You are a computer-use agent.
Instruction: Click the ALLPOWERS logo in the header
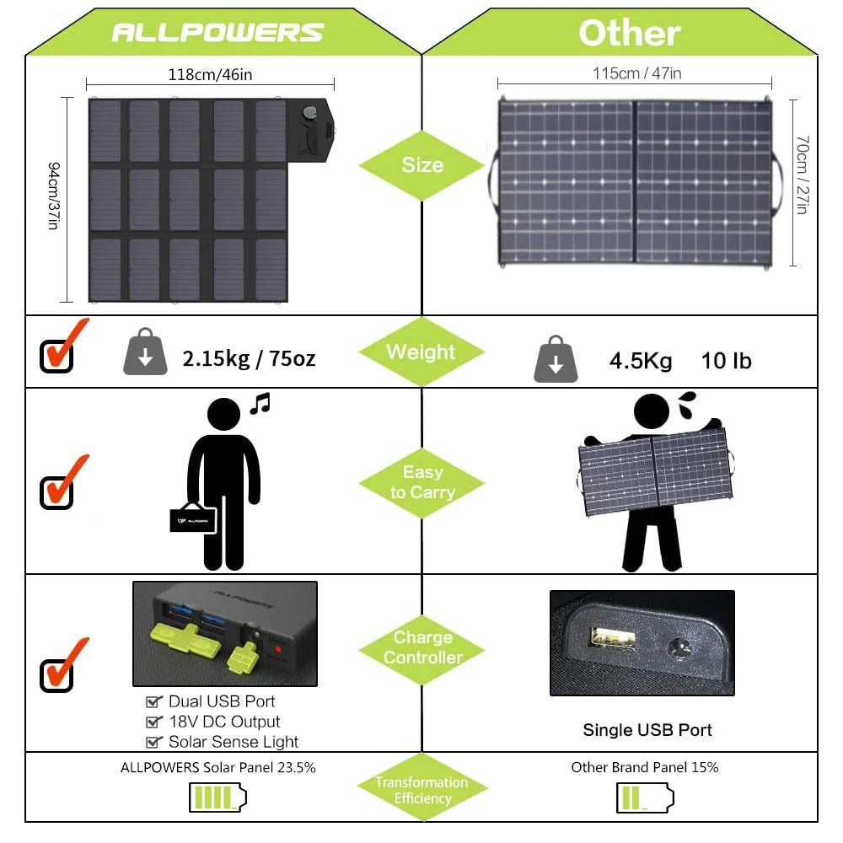pyautogui.click(x=217, y=32)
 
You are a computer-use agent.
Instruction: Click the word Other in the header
pyautogui.click(x=629, y=33)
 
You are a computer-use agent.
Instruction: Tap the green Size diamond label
pyautogui.click(x=421, y=164)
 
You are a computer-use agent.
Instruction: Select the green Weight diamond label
pyautogui.click(x=421, y=352)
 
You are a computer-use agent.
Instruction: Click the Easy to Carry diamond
pyautogui.click(x=421, y=482)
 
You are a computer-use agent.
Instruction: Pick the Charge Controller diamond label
pyautogui.click(x=421, y=647)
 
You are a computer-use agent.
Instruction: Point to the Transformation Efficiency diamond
pyautogui.click(x=421, y=790)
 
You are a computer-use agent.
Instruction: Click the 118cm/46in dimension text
pyautogui.click(x=210, y=74)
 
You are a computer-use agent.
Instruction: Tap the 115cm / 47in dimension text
pyautogui.click(x=636, y=73)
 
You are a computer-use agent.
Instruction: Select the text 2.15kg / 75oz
pyautogui.click(x=249, y=358)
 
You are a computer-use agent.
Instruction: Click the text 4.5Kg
pyautogui.click(x=641, y=362)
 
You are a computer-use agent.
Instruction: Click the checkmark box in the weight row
pyautogui.click(x=58, y=354)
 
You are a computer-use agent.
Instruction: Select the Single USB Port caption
pyautogui.click(x=647, y=730)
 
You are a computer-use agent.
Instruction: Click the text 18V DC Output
pyautogui.click(x=223, y=722)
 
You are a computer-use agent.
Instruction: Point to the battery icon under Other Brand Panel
pyautogui.click(x=644, y=797)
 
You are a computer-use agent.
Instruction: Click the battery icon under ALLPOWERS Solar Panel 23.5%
pyautogui.click(x=217, y=797)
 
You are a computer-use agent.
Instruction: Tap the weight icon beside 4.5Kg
pyautogui.click(x=556, y=360)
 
